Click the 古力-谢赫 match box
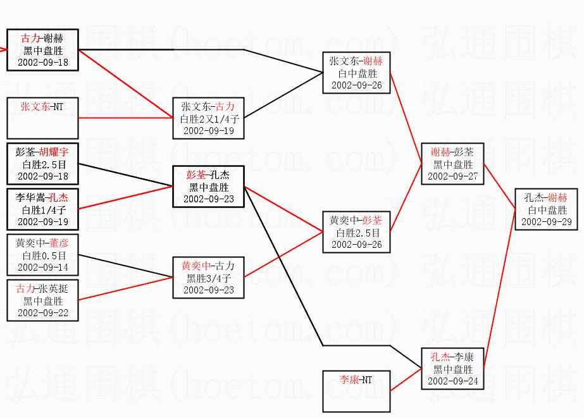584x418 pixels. click(x=42, y=50)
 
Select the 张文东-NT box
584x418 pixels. click(x=42, y=118)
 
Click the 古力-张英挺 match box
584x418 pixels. click(x=42, y=300)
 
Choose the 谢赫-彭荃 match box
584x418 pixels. click(x=452, y=164)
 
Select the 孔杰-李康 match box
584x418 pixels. click(x=452, y=369)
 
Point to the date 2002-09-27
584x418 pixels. click(x=452, y=176)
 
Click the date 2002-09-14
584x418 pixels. click(x=42, y=267)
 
